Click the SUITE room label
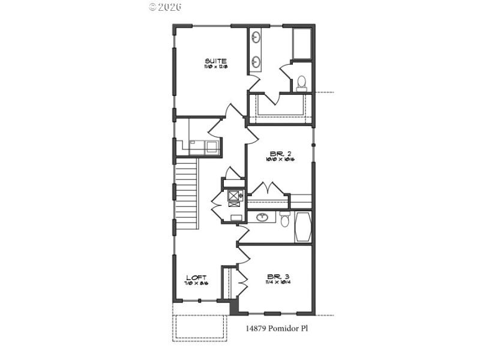click(215, 61)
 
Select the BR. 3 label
click(278, 277)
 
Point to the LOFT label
click(196, 277)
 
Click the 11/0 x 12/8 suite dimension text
click(215, 67)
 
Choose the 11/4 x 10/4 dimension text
click(278, 283)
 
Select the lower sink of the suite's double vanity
click(256, 61)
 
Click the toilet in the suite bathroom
click(301, 82)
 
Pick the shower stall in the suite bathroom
click(301, 43)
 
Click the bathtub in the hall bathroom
click(303, 226)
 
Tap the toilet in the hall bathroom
click(285, 219)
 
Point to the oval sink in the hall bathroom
click(262, 217)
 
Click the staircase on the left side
click(187, 195)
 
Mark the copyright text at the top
click(164, 7)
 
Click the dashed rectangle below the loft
click(200, 327)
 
